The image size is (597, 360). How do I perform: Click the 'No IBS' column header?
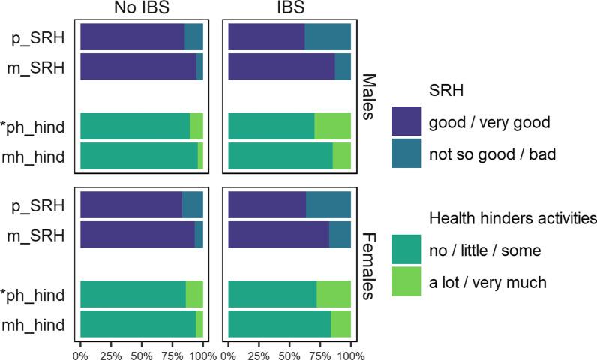point(141,9)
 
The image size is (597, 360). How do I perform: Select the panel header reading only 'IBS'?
point(289,9)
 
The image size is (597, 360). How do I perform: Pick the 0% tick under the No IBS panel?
point(80,350)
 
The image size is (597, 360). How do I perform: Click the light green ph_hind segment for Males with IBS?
point(332,127)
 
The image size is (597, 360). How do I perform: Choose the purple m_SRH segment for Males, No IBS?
point(138,66)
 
